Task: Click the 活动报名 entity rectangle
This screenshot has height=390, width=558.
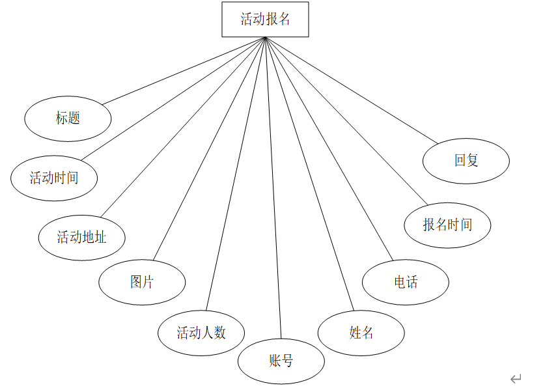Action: [x=265, y=20]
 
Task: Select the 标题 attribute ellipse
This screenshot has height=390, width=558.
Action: [x=68, y=118]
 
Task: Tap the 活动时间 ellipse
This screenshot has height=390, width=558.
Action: [x=54, y=178]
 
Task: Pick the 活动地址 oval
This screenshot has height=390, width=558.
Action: [x=81, y=238]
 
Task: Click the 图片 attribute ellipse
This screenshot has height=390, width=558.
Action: [x=142, y=282]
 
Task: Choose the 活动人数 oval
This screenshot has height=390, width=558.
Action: [x=201, y=333]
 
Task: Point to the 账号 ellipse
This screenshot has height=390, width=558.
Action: [x=281, y=361]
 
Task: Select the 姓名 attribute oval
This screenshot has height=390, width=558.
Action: [x=361, y=333]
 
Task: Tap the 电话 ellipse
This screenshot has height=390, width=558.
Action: [x=406, y=282]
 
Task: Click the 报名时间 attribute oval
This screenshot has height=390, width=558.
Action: [x=447, y=225]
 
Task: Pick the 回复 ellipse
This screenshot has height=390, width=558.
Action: [x=466, y=160]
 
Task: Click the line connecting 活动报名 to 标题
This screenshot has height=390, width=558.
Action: [x=184, y=70]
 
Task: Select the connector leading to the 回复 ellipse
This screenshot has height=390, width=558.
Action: [x=352, y=91]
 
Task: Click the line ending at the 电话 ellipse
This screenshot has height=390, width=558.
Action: [x=329, y=148]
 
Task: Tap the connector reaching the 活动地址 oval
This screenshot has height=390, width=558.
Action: [x=182, y=128]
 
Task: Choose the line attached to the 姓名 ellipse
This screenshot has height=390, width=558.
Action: [x=309, y=174]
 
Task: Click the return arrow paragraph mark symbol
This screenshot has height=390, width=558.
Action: [x=516, y=378]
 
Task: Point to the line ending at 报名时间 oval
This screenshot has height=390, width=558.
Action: [x=346, y=121]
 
